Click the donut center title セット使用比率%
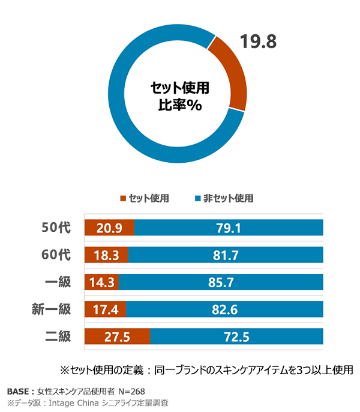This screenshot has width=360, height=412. [179, 97]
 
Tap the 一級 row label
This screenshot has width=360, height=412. [58, 282]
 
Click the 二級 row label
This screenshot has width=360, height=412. [58, 336]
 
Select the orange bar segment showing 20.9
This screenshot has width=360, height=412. [109, 228]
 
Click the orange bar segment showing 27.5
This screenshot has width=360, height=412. [117, 336]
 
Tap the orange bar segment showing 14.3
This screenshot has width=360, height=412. [101, 282]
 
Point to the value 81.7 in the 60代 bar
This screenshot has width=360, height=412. [226, 255]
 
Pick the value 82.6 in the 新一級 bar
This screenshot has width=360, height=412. [226, 309]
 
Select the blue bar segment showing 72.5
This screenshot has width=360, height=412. [236, 336]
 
